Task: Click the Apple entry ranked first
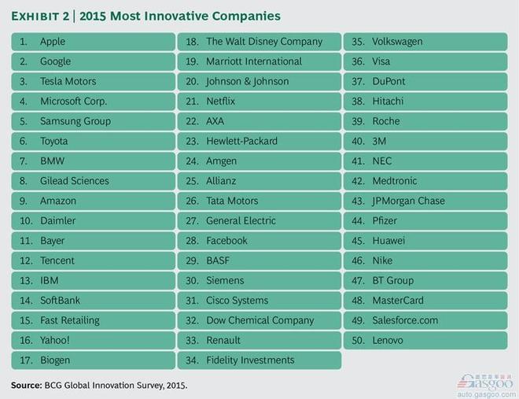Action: (53, 41)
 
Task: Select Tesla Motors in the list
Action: (68, 81)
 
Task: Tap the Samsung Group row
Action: (75, 121)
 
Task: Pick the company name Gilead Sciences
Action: (75, 181)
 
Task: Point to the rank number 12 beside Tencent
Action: (24, 260)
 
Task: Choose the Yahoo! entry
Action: (55, 340)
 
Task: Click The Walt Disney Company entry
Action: (264, 41)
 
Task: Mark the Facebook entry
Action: (226, 241)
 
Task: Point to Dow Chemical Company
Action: (259, 320)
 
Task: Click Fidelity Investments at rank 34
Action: (250, 360)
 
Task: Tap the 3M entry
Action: (381, 141)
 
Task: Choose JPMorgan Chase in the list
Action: (408, 201)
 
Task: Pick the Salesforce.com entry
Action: (405, 320)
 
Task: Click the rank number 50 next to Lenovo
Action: (359, 340)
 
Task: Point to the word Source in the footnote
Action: (27, 386)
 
